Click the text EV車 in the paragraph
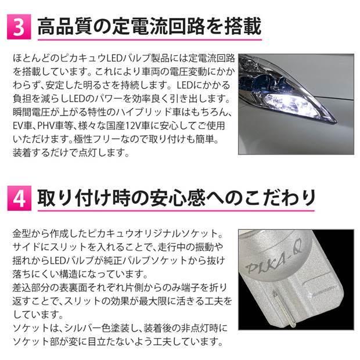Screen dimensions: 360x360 pyautogui.click(x=23, y=125)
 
